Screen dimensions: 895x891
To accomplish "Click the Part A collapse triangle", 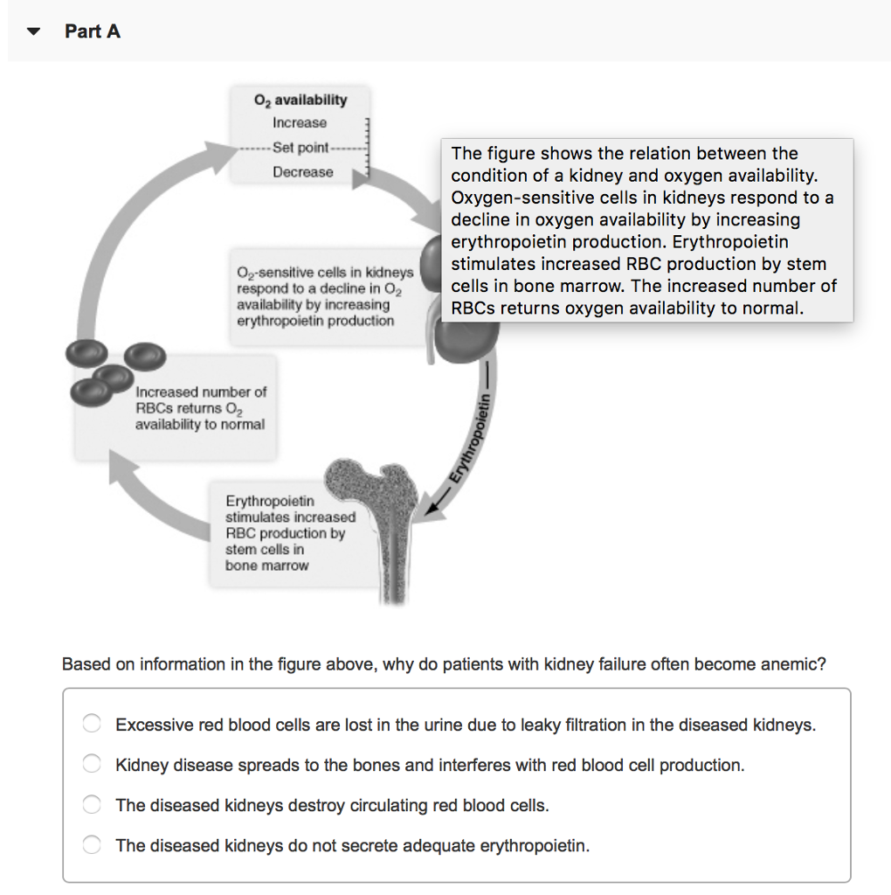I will click(x=33, y=31).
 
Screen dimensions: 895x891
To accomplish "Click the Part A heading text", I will click(x=93, y=31).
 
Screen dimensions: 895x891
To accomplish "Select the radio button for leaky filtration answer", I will click(x=92, y=724).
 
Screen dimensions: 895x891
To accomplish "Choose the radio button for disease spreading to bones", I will click(x=92, y=764).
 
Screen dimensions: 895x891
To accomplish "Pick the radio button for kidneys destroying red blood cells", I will click(x=92, y=805).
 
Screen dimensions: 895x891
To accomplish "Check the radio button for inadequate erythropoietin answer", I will click(x=92, y=845).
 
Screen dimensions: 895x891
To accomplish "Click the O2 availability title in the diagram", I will click(x=300, y=100).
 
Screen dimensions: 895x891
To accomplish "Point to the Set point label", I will click(x=300, y=147).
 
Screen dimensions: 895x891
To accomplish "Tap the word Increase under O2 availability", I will click(x=300, y=123).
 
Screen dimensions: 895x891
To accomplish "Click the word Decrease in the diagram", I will click(x=302, y=172).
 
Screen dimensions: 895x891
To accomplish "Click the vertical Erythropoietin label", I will click(x=473, y=437).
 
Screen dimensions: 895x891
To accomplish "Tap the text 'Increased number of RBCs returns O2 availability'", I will click(x=200, y=408).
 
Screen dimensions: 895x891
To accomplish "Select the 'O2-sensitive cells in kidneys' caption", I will click(x=324, y=296).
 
